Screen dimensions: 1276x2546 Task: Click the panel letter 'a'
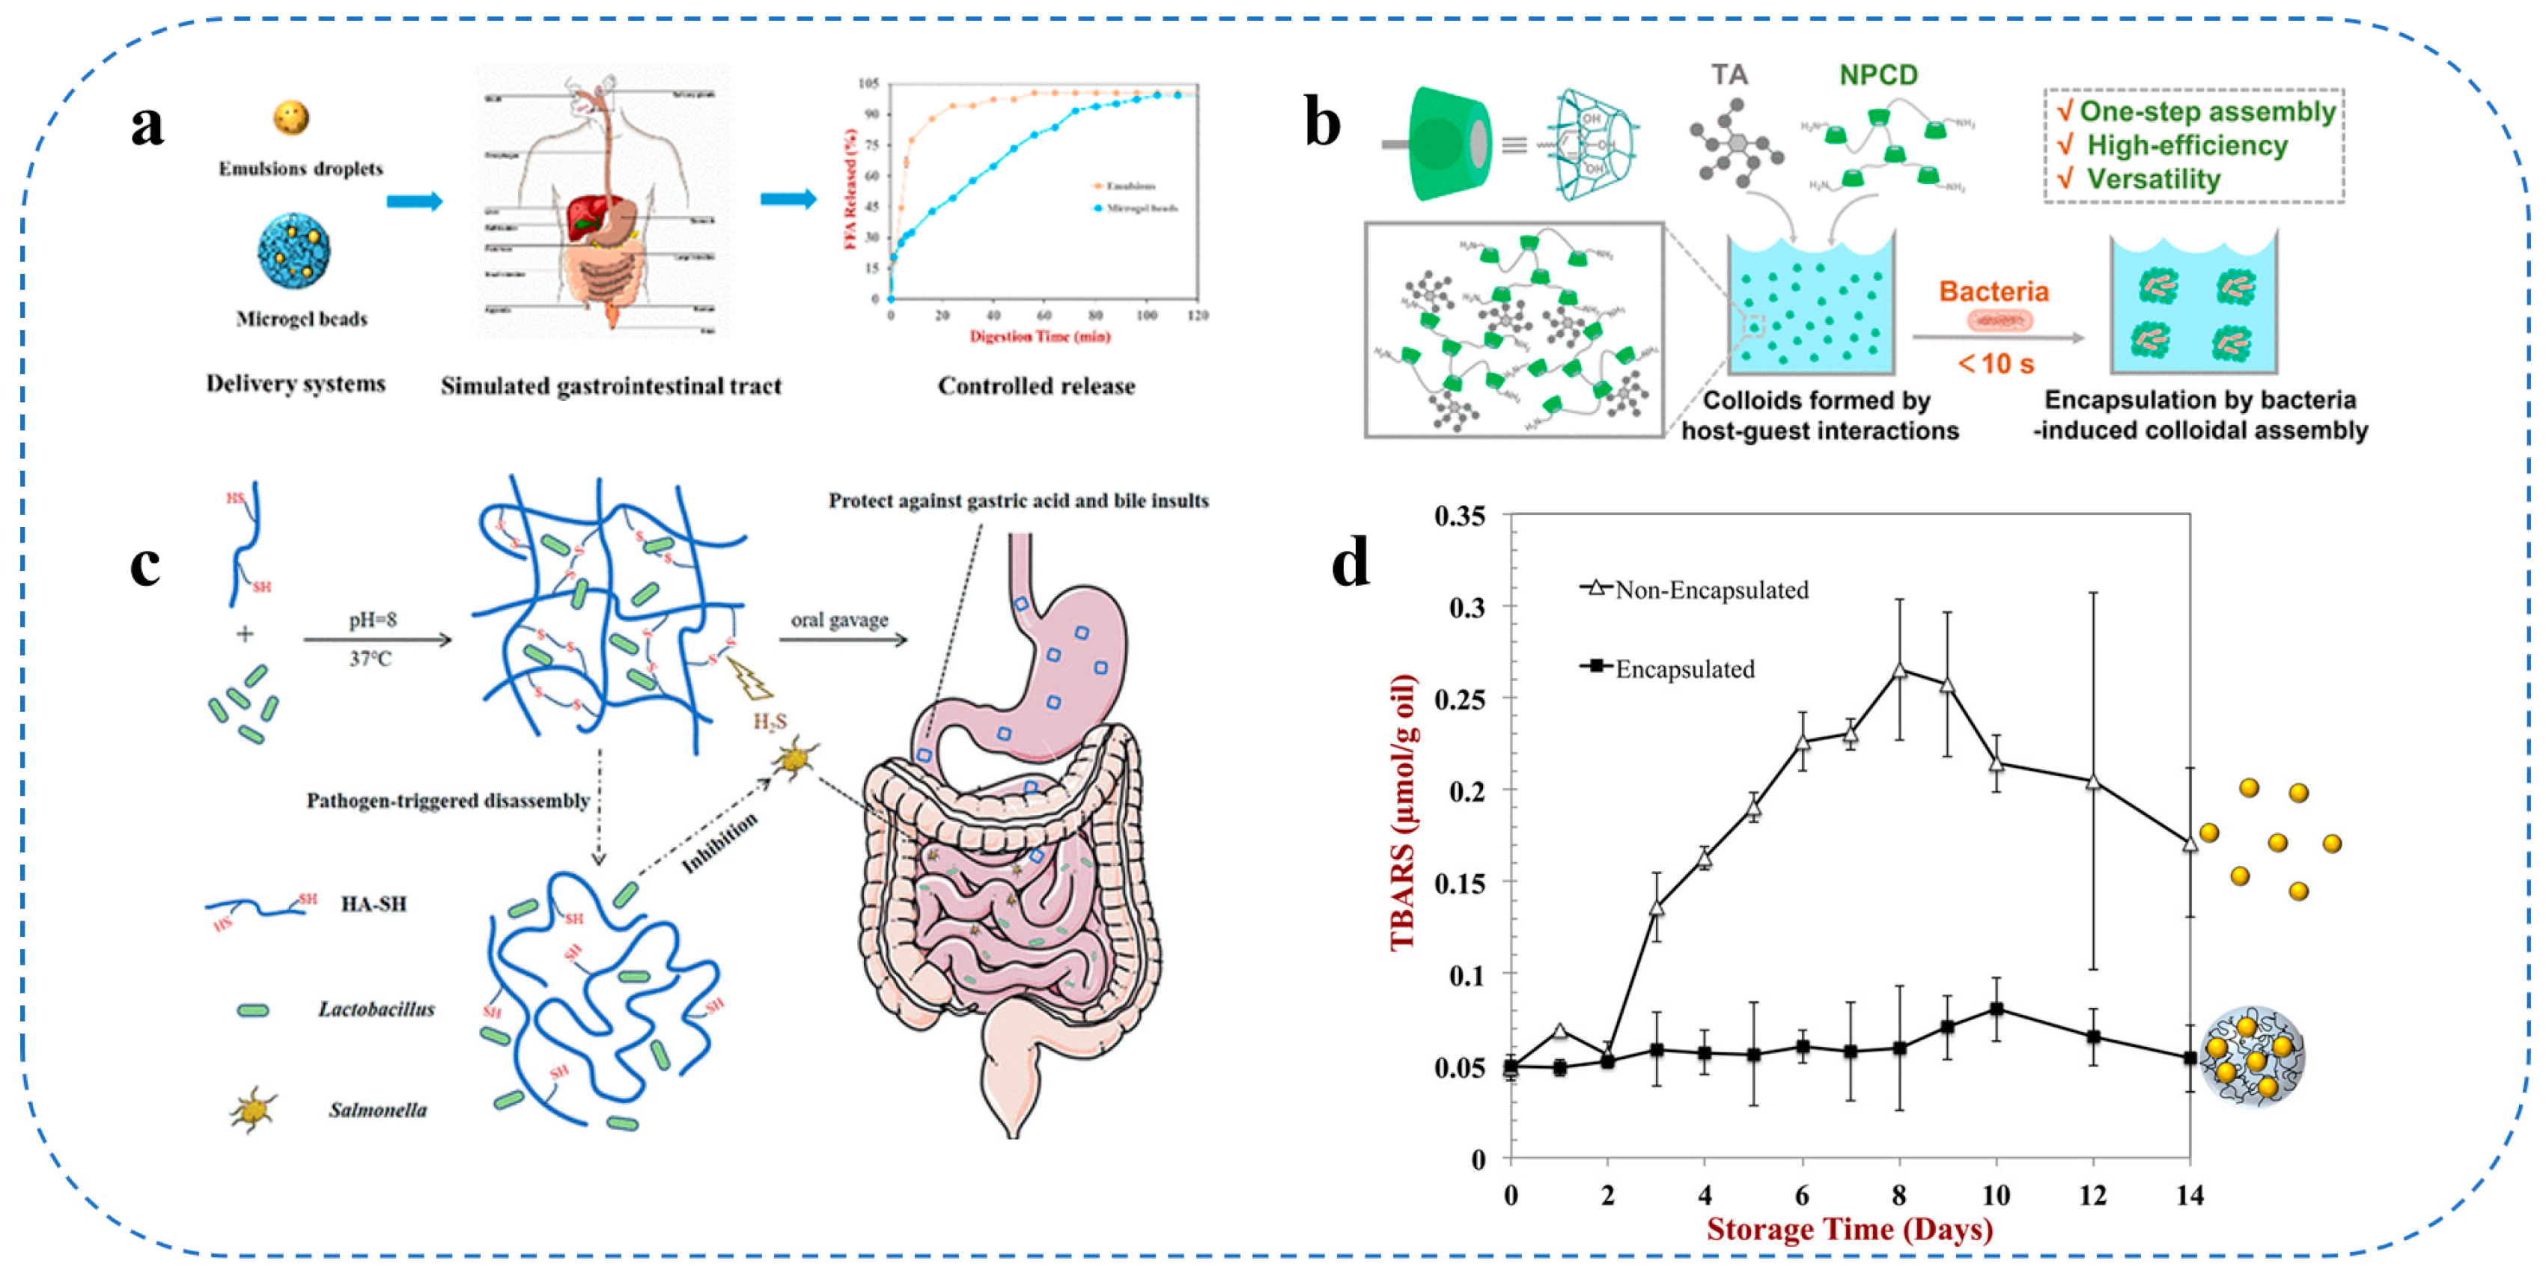point(147,126)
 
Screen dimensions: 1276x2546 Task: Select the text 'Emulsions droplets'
point(300,168)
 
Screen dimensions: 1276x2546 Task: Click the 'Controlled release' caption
point(1036,385)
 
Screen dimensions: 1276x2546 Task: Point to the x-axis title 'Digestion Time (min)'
point(1040,336)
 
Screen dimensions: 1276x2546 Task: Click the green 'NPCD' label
point(1878,74)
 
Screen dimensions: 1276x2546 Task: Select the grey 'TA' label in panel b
point(1729,74)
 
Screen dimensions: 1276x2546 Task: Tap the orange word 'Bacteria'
point(1994,292)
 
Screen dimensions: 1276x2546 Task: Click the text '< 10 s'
point(1996,364)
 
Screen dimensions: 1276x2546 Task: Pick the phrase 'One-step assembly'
point(2207,111)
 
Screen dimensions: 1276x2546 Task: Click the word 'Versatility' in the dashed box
point(2153,179)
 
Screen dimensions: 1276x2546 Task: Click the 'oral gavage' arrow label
point(839,620)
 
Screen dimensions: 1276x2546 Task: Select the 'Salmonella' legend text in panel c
point(377,1110)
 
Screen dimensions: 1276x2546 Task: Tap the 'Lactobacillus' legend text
point(376,1009)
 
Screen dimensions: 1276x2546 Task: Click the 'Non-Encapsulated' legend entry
point(1710,590)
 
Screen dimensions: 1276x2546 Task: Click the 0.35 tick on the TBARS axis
point(1459,516)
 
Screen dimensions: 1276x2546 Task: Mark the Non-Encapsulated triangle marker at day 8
point(1898,670)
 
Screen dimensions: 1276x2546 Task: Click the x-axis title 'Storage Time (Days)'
point(1849,1229)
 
